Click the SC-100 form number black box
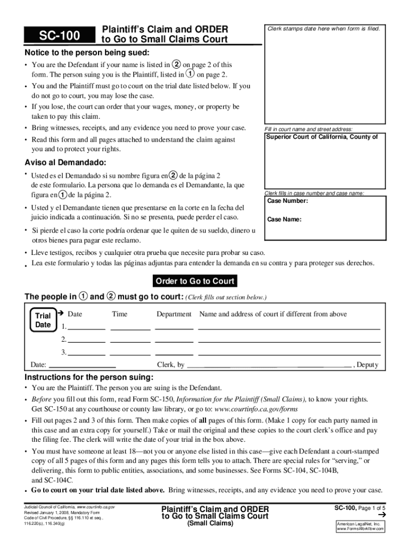point(59,36)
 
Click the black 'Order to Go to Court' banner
point(194,281)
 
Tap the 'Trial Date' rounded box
point(43,320)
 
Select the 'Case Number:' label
point(287,201)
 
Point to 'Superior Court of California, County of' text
point(322,137)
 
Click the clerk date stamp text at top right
point(324,29)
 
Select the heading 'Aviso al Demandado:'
point(65,162)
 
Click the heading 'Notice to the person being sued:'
point(87,53)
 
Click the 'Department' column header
point(174,314)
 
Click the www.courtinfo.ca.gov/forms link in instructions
point(256,409)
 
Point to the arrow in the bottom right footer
point(381,516)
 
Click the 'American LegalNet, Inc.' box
point(360,526)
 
